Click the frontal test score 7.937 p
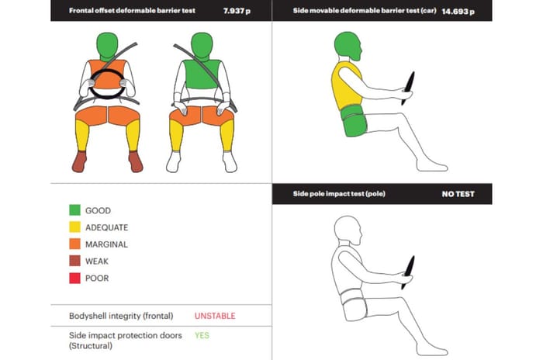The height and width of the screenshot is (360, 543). [237, 11]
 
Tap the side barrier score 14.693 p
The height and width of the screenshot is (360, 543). [458, 12]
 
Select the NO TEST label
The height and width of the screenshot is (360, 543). [458, 194]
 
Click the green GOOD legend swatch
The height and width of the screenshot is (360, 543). [74, 210]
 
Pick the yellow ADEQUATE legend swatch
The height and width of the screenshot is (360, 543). [74, 227]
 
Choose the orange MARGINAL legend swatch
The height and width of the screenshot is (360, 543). [74, 244]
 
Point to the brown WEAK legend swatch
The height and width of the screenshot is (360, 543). [74, 261]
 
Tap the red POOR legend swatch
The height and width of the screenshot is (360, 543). [74, 278]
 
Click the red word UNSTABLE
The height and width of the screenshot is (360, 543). [215, 316]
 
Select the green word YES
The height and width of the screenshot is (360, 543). [202, 335]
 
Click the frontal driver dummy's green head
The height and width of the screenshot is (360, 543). [107, 46]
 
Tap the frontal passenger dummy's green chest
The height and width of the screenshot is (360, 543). [201, 74]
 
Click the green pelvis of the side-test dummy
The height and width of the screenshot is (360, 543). [354, 120]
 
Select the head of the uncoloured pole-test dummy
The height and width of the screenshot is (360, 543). [348, 230]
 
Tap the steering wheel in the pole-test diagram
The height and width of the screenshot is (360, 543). [408, 272]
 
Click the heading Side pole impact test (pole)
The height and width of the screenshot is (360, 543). [339, 193]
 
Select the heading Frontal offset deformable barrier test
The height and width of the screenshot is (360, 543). [132, 10]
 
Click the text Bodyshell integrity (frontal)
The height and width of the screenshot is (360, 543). [121, 316]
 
